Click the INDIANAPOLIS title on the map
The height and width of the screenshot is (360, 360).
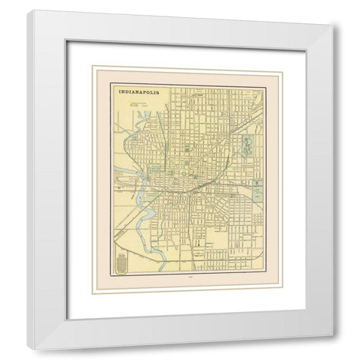142,92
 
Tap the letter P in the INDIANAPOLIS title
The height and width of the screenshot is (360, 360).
154,92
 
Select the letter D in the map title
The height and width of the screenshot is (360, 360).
127,92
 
